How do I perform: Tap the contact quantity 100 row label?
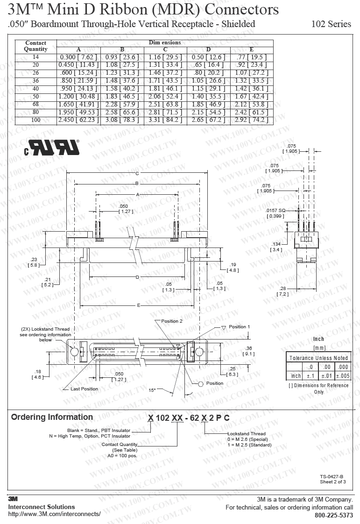36,120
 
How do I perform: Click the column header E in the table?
252,50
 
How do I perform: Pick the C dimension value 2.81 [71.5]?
165,112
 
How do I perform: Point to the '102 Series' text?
331,24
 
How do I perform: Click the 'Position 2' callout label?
172,321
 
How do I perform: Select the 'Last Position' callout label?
84,389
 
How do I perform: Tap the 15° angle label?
152,390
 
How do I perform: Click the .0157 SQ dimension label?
275,211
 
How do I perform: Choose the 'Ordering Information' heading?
52,417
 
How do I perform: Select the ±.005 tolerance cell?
343,376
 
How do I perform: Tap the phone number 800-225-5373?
333,515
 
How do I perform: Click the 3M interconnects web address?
54,514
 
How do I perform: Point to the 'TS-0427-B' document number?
331,477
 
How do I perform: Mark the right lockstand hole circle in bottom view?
199,352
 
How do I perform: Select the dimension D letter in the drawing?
137,277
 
